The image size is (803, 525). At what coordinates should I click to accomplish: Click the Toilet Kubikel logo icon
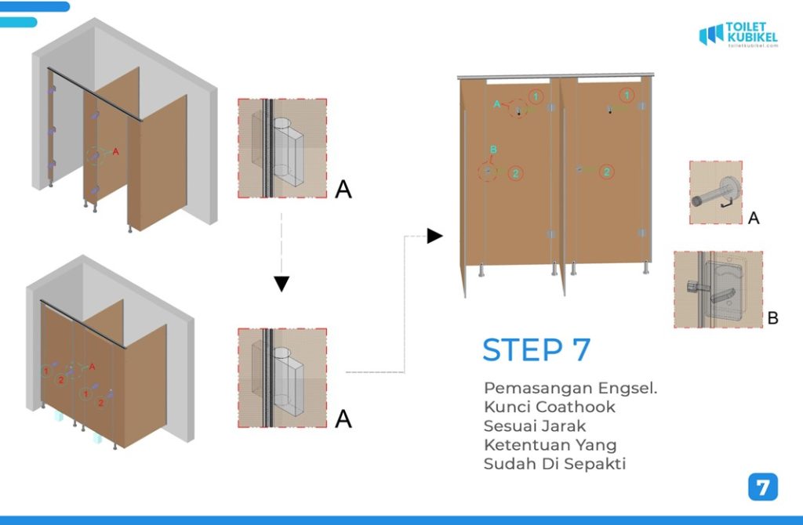coord(710,34)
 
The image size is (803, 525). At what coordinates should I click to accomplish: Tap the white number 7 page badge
coord(762,487)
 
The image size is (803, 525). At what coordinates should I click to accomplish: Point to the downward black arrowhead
coord(282,284)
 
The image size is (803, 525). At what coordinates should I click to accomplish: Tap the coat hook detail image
coord(715,193)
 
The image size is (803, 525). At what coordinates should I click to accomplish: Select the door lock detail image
coord(718,289)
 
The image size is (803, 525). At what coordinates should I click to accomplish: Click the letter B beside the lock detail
coord(772,319)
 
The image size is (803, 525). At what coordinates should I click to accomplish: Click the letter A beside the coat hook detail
coord(754,219)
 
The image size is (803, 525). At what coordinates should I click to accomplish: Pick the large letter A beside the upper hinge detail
coord(343,190)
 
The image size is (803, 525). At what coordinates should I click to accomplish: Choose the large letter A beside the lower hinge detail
coord(343,419)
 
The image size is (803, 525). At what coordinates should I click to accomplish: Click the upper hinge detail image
coord(282,148)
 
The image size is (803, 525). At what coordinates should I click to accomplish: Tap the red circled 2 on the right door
coord(605,172)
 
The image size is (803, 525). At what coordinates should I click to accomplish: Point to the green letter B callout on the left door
coord(493,150)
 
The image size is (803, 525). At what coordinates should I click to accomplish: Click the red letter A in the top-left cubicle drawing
coord(116,151)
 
